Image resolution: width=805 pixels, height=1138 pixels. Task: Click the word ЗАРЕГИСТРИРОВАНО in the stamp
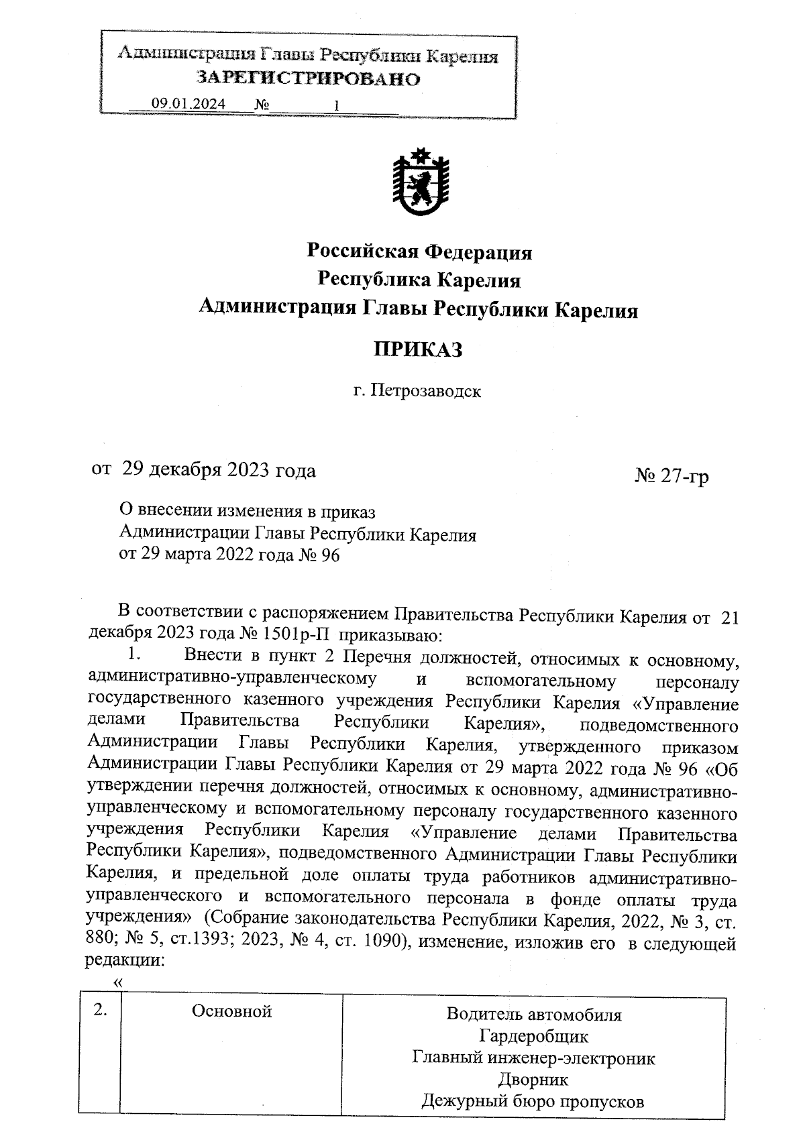click(308, 79)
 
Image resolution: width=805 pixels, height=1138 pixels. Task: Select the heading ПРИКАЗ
click(418, 349)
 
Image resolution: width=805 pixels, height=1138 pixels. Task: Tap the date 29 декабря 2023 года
click(218, 470)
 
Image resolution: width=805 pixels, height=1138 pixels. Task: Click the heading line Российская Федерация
click(419, 252)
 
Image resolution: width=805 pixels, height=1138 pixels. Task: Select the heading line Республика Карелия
click(419, 280)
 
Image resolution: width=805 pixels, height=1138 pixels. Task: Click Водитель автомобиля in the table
click(534, 1015)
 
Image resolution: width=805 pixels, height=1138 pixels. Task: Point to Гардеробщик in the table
click(534, 1037)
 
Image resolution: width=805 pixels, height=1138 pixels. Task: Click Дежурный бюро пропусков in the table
click(534, 1101)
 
